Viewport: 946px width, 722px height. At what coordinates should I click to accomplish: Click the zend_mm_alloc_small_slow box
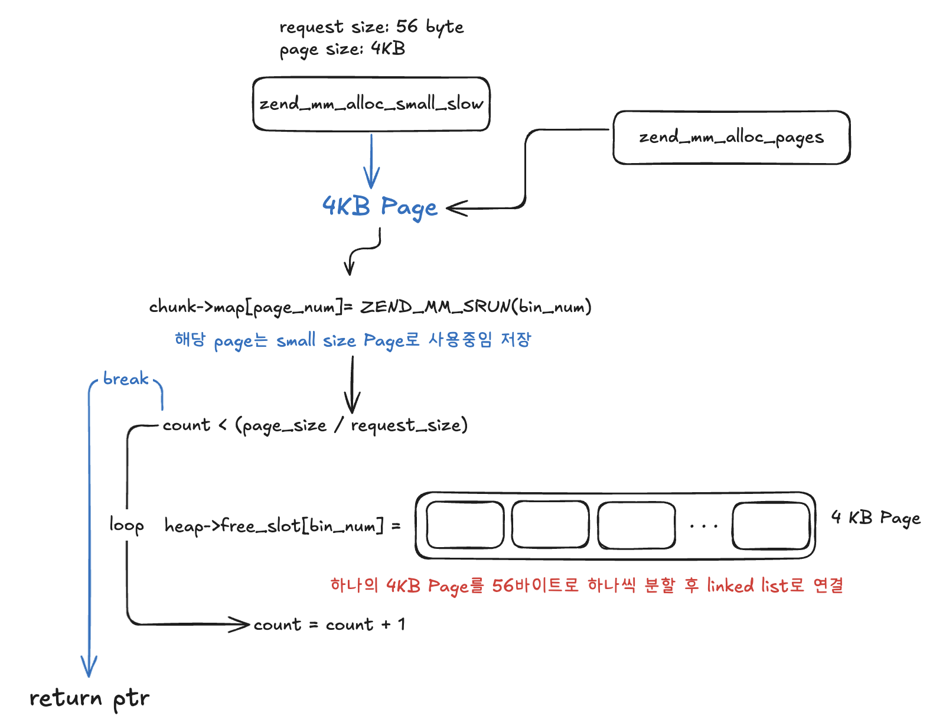pos(371,104)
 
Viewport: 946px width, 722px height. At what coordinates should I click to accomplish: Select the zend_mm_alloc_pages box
pos(731,138)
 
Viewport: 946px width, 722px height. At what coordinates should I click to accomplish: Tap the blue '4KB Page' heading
pos(380,207)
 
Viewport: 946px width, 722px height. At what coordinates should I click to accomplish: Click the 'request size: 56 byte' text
pos(371,27)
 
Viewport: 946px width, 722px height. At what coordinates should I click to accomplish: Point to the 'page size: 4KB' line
pos(342,49)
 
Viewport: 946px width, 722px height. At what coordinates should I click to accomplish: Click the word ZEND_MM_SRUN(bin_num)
pos(475,307)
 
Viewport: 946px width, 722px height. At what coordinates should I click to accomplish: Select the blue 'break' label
pos(126,379)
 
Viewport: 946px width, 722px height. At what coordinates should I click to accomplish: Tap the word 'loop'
pos(126,525)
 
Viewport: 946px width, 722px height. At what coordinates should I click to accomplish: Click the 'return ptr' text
pos(89,698)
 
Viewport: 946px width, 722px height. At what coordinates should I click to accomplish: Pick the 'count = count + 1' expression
pos(330,625)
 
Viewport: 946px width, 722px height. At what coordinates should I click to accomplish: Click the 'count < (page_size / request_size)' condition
pos(315,425)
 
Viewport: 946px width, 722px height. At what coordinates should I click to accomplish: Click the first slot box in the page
pos(465,525)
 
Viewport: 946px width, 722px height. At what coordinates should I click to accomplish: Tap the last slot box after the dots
pos(771,525)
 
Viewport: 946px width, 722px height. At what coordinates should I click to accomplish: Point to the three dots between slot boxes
pos(703,525)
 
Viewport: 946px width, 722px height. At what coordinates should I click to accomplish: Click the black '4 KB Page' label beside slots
pos(876,518)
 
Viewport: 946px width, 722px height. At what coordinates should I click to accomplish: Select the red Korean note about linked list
pos(586,586)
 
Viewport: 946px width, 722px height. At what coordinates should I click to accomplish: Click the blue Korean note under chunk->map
pos(353,340)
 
